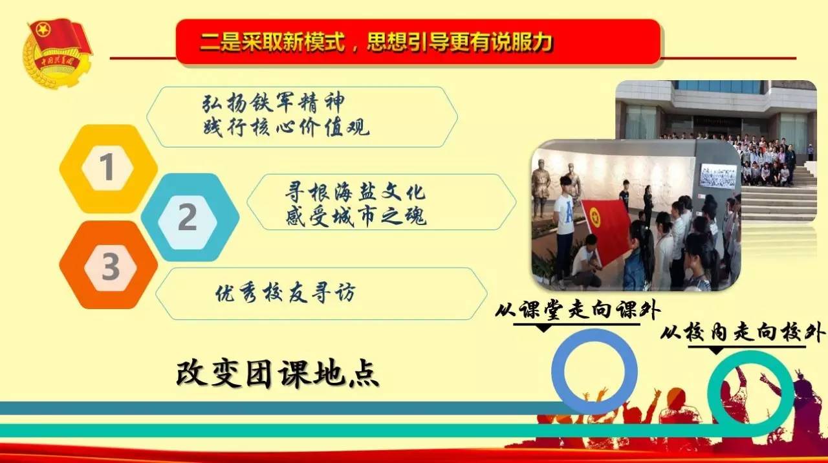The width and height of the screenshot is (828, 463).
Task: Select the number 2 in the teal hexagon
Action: click(188, 217)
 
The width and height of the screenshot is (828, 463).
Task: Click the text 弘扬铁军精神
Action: click(272, 103)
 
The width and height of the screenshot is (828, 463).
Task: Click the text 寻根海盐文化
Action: click(355, 193)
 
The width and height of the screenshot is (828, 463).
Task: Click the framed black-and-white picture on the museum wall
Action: click(717, 176)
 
